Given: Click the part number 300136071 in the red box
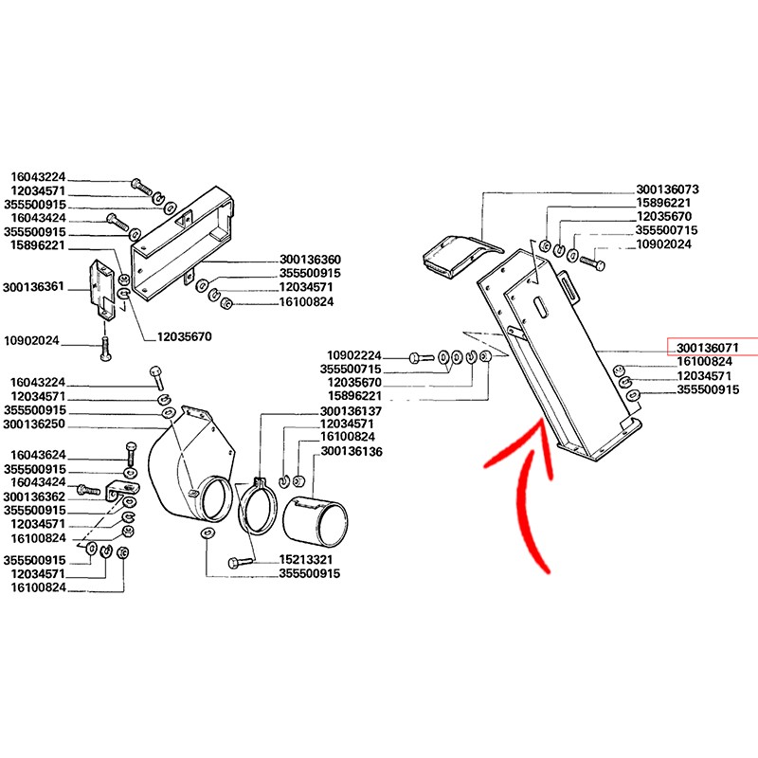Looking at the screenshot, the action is pos(707,348).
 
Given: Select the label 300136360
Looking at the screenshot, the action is pos(310,260).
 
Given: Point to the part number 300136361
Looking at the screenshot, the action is pos(33,287).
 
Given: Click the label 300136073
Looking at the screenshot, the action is pos(667,189).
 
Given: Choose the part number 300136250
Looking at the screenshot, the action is pos(34,424).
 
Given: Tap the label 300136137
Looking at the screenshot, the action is pos(351,411).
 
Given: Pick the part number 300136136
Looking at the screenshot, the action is pos(352,452).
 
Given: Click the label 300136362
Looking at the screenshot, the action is pos(34,496).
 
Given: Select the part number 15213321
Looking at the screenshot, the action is pos(306,559).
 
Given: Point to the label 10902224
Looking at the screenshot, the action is pos(354,355).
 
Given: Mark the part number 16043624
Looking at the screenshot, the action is pos(38,455).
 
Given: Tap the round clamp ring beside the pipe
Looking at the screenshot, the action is pos(257,506).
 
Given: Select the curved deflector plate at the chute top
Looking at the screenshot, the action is pos(462,256).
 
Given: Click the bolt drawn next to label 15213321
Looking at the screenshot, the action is pos(241,562).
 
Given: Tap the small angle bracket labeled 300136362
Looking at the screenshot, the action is pos(123,489).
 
